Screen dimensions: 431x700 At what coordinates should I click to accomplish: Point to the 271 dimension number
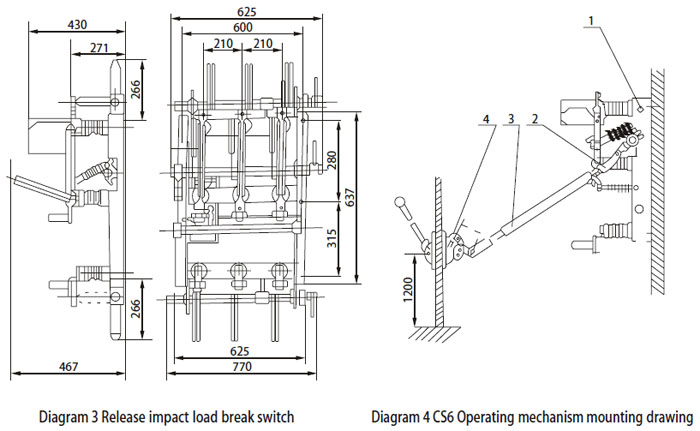[x=98, y=46]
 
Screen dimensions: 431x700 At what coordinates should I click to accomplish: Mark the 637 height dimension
[x=350, y=198]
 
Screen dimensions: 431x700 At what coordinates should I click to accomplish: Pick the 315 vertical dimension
[x=333, y=237]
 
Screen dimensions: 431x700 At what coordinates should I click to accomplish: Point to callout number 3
[x=511, y=118]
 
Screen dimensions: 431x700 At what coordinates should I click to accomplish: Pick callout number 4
[x=486, y=118]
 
